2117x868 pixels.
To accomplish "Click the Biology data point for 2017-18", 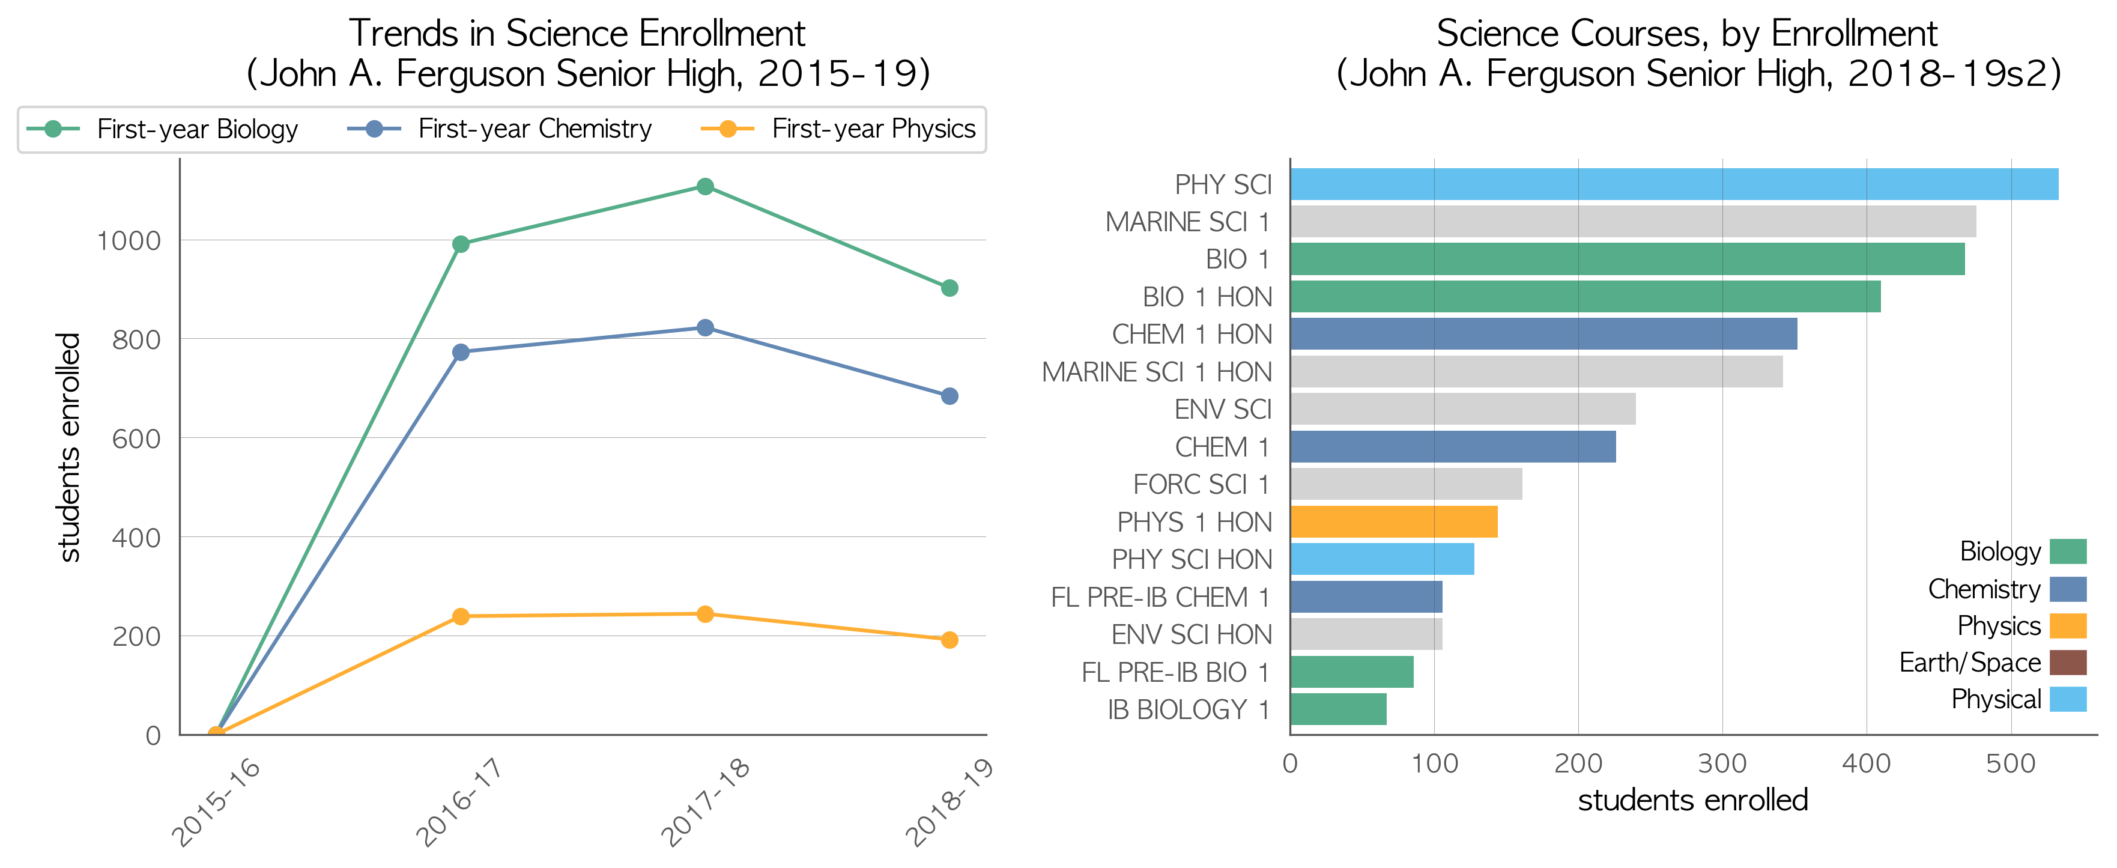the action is point(705,187).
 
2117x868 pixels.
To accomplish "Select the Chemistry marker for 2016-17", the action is point(461,352).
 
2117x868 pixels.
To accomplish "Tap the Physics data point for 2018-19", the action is point(949,640).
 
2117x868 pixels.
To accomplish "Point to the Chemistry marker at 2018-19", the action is point(949,396).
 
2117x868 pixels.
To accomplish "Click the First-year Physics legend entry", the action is point(838,129).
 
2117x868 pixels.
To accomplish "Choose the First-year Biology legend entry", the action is point(163,129).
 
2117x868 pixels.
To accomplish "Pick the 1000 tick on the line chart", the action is point(129,241).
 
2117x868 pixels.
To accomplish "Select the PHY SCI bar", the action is point(1674,184).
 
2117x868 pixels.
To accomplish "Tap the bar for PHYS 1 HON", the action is point(1394,522).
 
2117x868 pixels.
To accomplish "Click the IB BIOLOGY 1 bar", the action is point(1338,709).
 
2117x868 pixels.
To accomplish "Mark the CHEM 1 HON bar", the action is point(1543,334).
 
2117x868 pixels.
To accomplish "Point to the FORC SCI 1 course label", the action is point(1202,485).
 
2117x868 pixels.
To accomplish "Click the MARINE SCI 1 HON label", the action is point(1156,372).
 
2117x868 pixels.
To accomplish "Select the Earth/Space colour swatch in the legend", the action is point(2068,663).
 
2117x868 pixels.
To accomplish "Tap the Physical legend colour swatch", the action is point(2068,699).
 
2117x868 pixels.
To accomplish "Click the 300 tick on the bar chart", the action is point(1722,763).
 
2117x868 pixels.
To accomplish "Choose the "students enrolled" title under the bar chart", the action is point(1693,800).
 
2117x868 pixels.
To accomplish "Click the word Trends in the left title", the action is point(404,34).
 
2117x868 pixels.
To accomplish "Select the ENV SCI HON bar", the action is point(1366,634).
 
